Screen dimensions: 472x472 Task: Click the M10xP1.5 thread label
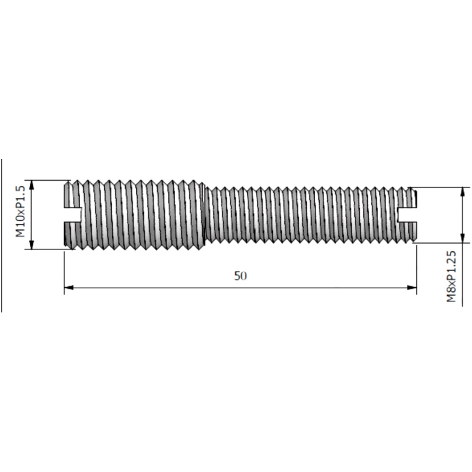[20, 211]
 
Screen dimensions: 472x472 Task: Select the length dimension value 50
[240, 276]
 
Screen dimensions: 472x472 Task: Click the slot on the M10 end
[73, 215]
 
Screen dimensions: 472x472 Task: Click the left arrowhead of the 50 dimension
[68, 288]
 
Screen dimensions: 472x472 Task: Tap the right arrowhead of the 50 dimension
[412, 288]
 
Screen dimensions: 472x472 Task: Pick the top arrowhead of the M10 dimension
[32, 185]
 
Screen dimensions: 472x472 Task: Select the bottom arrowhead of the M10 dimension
[32, 244]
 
